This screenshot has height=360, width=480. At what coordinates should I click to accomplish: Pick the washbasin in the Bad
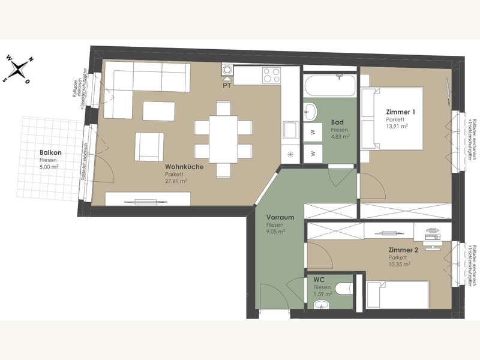(311, 112)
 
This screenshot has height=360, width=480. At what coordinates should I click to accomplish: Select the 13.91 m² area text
(397, 127)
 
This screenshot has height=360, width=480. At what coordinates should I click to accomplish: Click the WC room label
(318, 280)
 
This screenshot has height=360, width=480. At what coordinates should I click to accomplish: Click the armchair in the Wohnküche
(149, 146)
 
